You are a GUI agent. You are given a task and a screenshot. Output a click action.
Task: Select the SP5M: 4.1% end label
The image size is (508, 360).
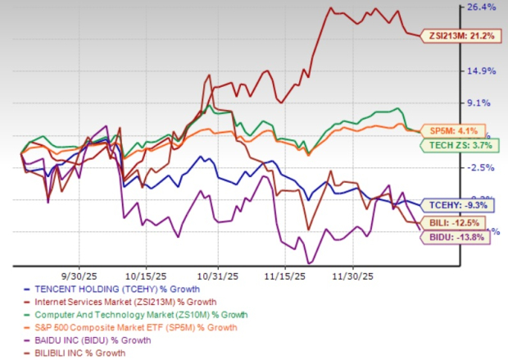449,129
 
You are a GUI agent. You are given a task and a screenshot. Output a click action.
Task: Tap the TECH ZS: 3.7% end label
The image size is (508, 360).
453,146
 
